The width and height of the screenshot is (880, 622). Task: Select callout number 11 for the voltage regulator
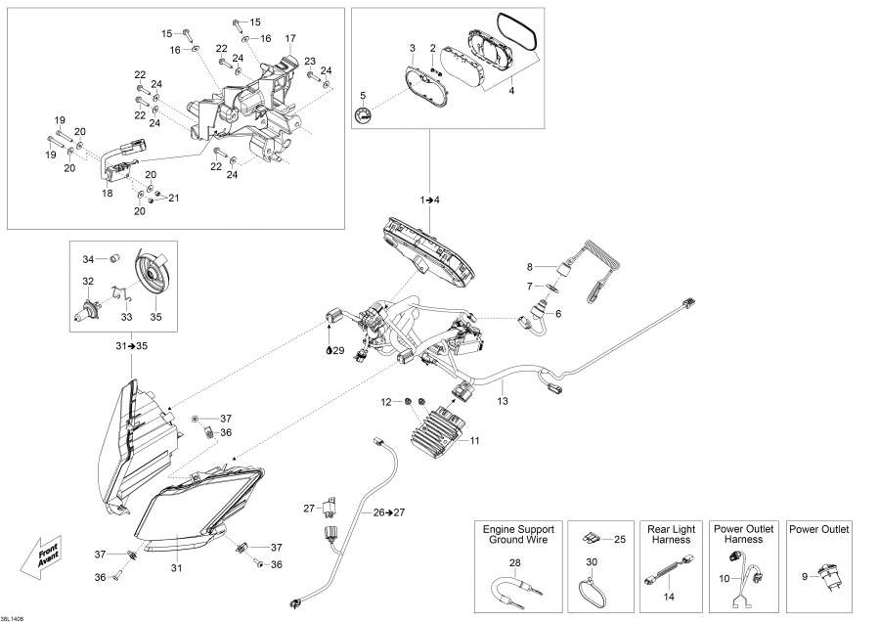click(x=475, y=441)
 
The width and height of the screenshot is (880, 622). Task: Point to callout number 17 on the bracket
click(x=290, y=38)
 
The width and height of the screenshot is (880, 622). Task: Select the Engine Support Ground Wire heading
click(x=515, y=534)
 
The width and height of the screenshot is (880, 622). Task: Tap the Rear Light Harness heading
click(x=670, y=534)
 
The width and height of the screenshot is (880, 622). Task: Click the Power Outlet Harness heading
click(x=743, y=534)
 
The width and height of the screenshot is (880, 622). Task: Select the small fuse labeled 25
click(x=593, y=539)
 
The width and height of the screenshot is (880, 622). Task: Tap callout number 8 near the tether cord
click(x=531, y=266)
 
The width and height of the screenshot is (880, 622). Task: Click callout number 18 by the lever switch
click(x=107, y=194)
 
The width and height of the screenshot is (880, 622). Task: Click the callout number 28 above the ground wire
click(x=515, y=562)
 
